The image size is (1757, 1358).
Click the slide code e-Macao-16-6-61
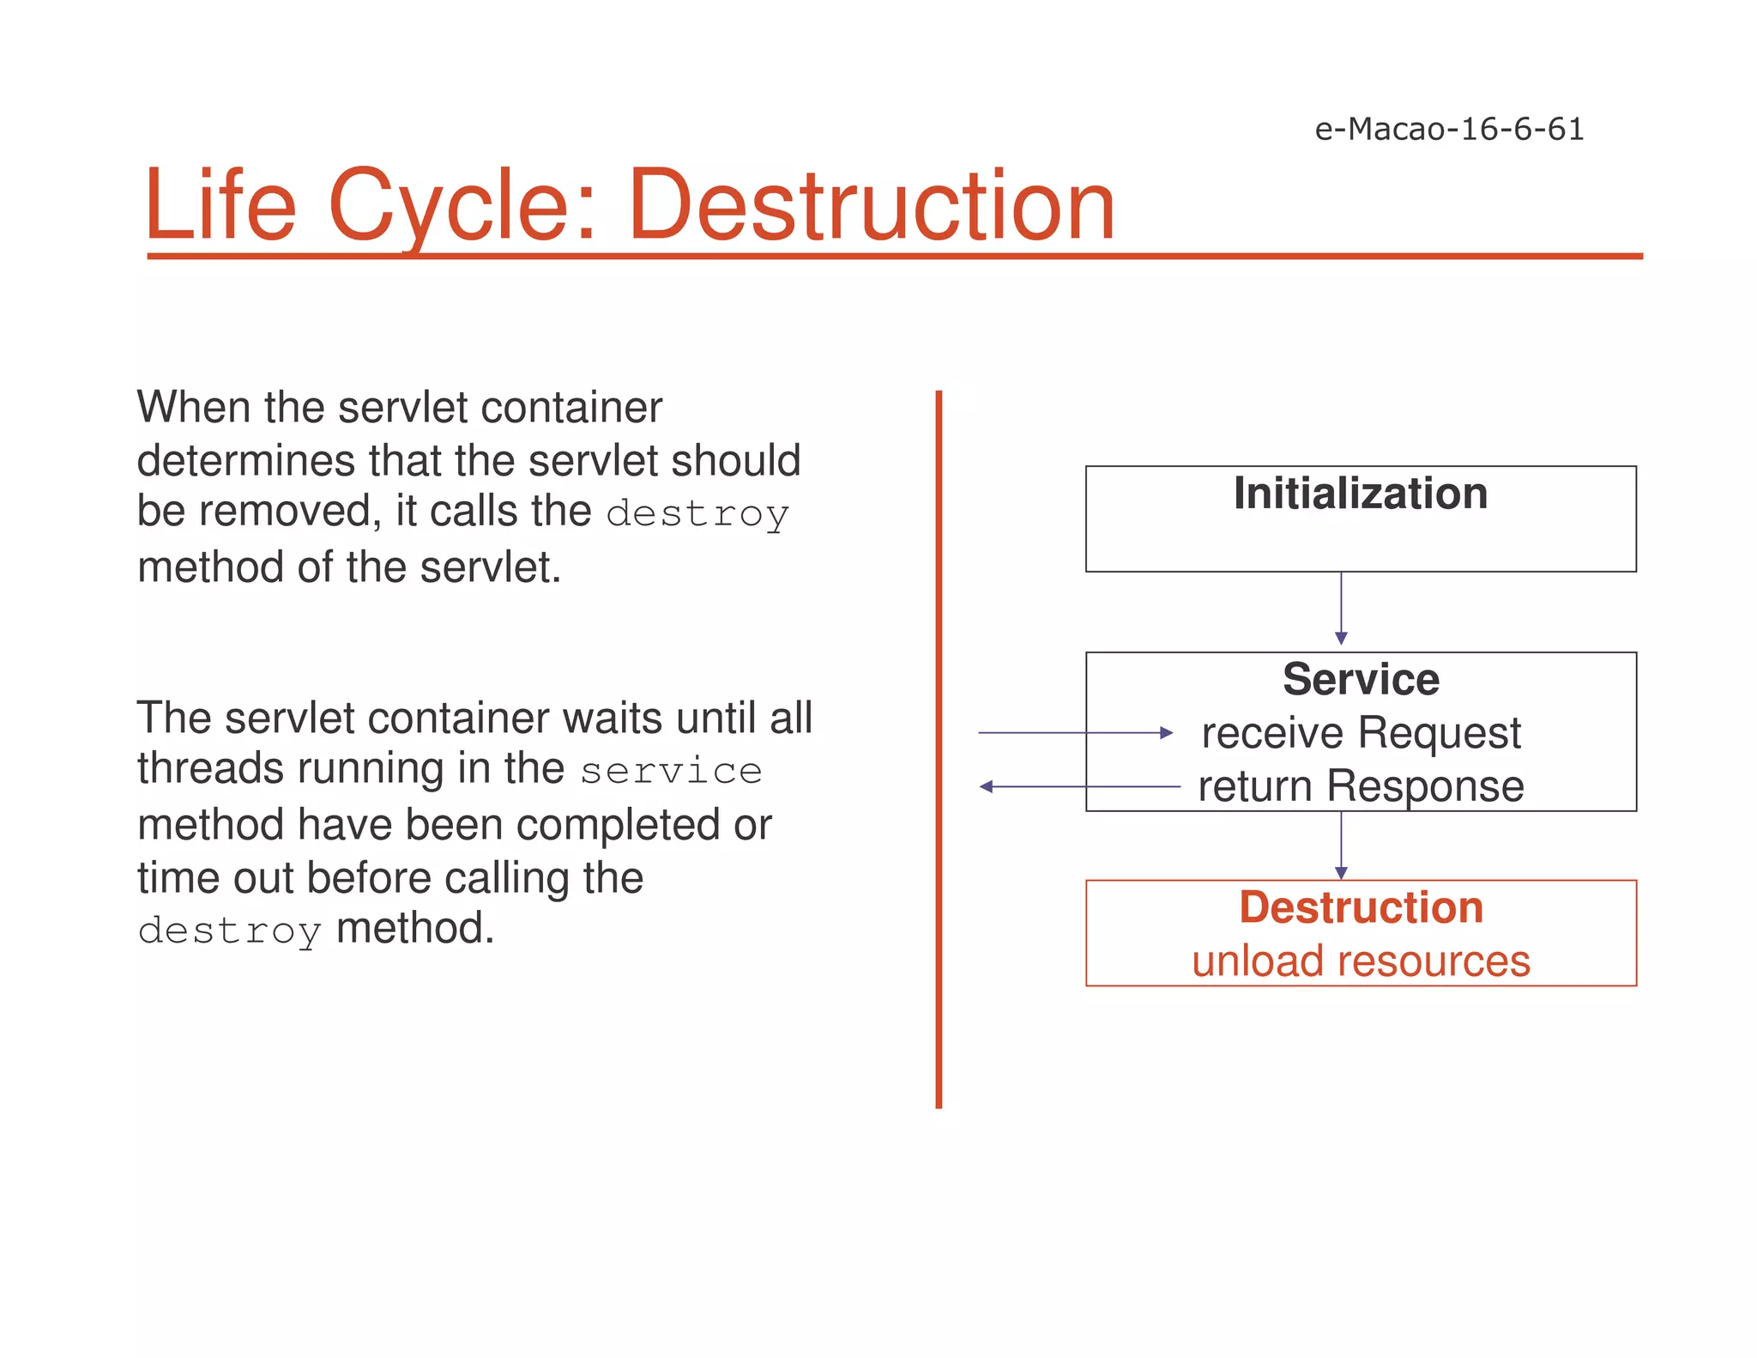pos(1449,130)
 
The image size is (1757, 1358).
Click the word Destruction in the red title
pos(871,206)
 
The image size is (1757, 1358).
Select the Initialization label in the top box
pos(1361,494)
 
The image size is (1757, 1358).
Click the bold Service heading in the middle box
pos(1361,679)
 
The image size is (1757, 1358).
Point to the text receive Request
pos(1361,733)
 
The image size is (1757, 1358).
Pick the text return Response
pos(1361,786)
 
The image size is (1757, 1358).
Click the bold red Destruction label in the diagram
pos(1361,907)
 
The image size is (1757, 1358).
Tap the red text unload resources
pos(1361,961)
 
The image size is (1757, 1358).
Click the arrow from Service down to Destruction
pos(1341,846)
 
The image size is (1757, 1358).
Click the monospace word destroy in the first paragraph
pos(697,514)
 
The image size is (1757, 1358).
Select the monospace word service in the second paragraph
pos(671,771)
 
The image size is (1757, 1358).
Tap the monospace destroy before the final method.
pos(229,931)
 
